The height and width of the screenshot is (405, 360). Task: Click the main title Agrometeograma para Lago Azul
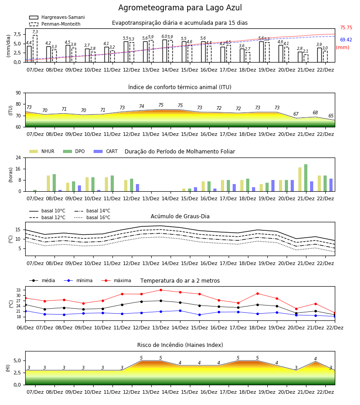(180, 8)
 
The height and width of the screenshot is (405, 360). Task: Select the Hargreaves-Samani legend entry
(57, 17)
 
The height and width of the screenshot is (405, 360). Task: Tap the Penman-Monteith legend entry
(55, 24)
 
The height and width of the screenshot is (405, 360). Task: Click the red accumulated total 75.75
(346, 27)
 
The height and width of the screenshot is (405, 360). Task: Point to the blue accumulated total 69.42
(346, 40)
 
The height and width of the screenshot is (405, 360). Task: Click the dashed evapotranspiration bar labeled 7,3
(35, 49)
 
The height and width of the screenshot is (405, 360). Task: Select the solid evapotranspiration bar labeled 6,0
(165, 51)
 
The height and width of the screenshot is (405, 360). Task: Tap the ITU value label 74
(141, 106)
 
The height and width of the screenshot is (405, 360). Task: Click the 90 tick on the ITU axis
(18, 93)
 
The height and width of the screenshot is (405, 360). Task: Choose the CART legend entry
(106, 151)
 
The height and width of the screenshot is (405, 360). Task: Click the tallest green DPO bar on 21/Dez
(306, 178)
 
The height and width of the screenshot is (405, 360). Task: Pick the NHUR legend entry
(42, 151)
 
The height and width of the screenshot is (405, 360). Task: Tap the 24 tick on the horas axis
(18, 157)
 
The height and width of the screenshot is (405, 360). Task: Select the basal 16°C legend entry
(92, 217)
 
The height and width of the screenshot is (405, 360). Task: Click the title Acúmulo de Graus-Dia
(180, 216)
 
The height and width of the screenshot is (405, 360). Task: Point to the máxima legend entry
(116, 280)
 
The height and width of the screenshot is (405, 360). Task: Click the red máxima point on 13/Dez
(161, 290)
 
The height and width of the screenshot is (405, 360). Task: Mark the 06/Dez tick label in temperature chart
(25, 328)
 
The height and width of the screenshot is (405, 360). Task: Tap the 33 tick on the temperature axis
(18, 290)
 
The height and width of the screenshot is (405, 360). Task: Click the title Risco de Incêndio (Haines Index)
(180, 345)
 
